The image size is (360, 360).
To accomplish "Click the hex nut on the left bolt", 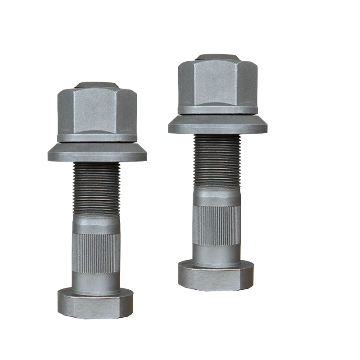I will pyautogui.click(x=97, y=110).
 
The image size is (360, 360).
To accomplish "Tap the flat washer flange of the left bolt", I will pyautogui.click(x=97, y=153).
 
